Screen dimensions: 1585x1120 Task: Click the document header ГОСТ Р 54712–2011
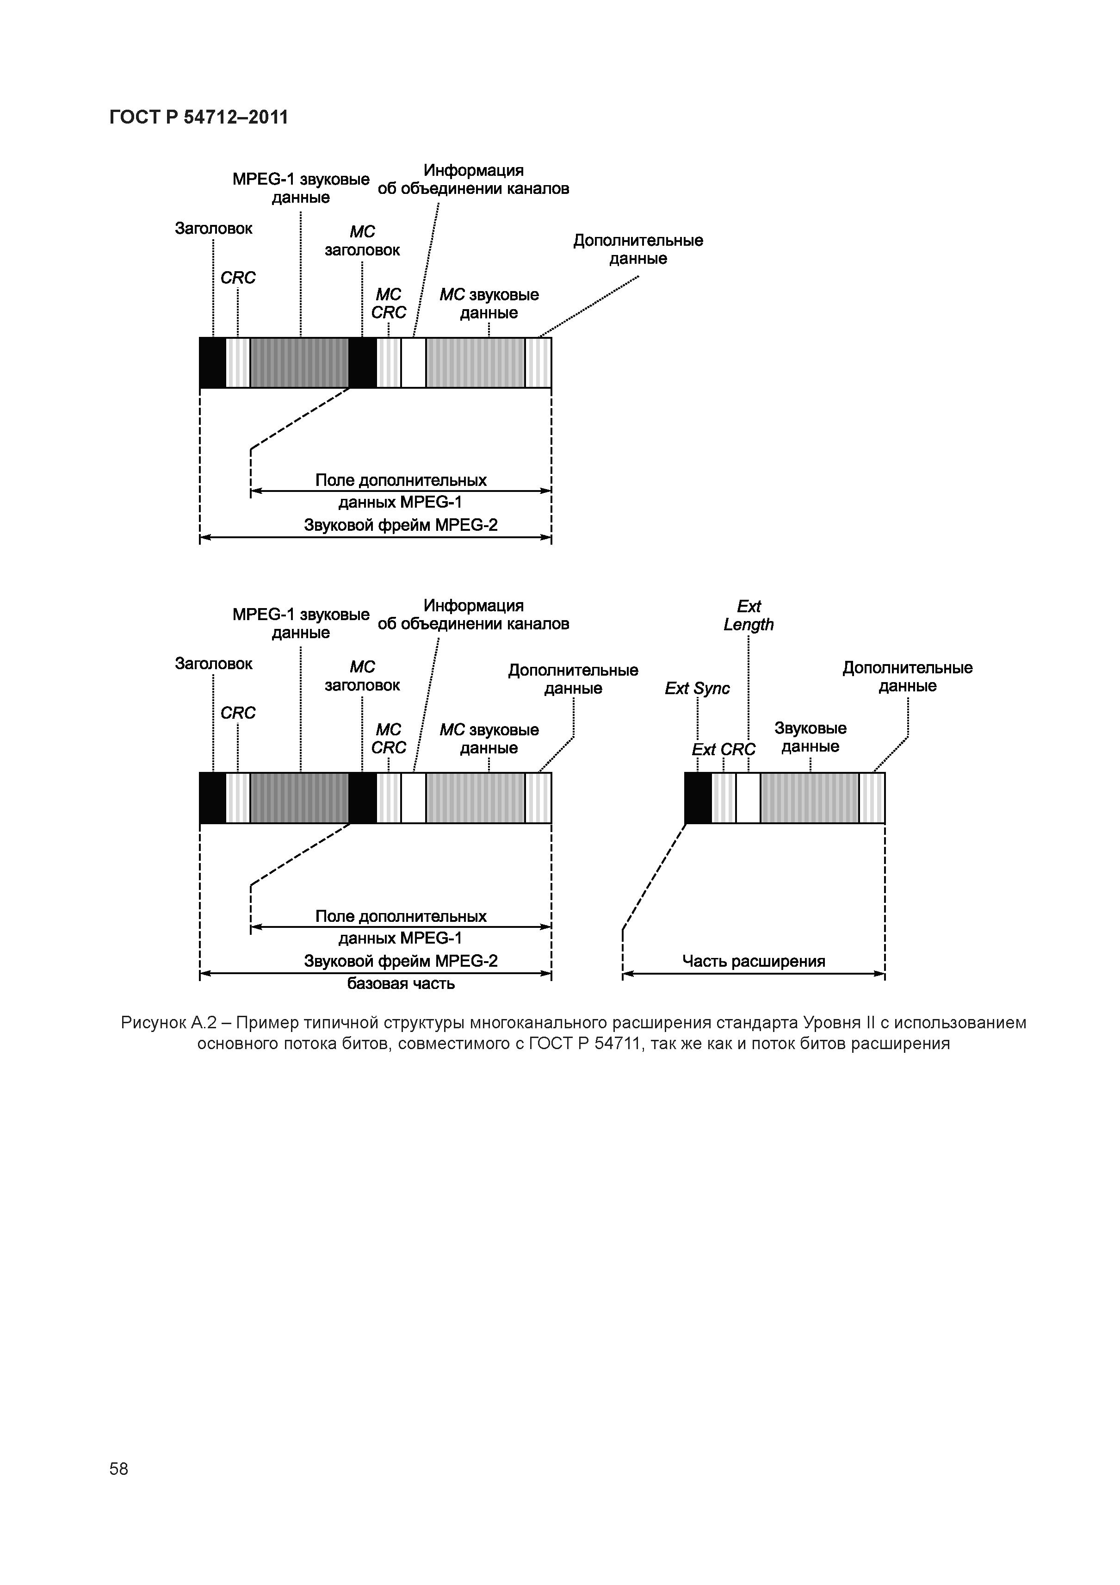tap(199, 118)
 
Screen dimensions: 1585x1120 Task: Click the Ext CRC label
tap(723, 750)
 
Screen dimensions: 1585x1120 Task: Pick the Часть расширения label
tap(754, 962)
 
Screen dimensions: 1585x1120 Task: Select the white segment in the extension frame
tap(748, 798)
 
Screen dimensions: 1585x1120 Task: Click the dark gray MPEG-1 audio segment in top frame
tap(299, 362)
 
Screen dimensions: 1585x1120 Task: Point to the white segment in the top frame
tap(414, 362)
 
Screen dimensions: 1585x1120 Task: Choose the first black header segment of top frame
tap(212, 362)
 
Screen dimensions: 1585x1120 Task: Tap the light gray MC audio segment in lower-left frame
tap(476, 798)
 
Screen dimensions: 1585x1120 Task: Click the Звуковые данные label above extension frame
tap(810, 737)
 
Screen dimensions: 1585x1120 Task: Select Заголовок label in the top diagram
tap(213, 229)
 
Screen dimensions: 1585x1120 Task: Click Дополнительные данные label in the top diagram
tap(637, 249)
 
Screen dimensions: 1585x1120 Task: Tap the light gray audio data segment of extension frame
tap(810, 798)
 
